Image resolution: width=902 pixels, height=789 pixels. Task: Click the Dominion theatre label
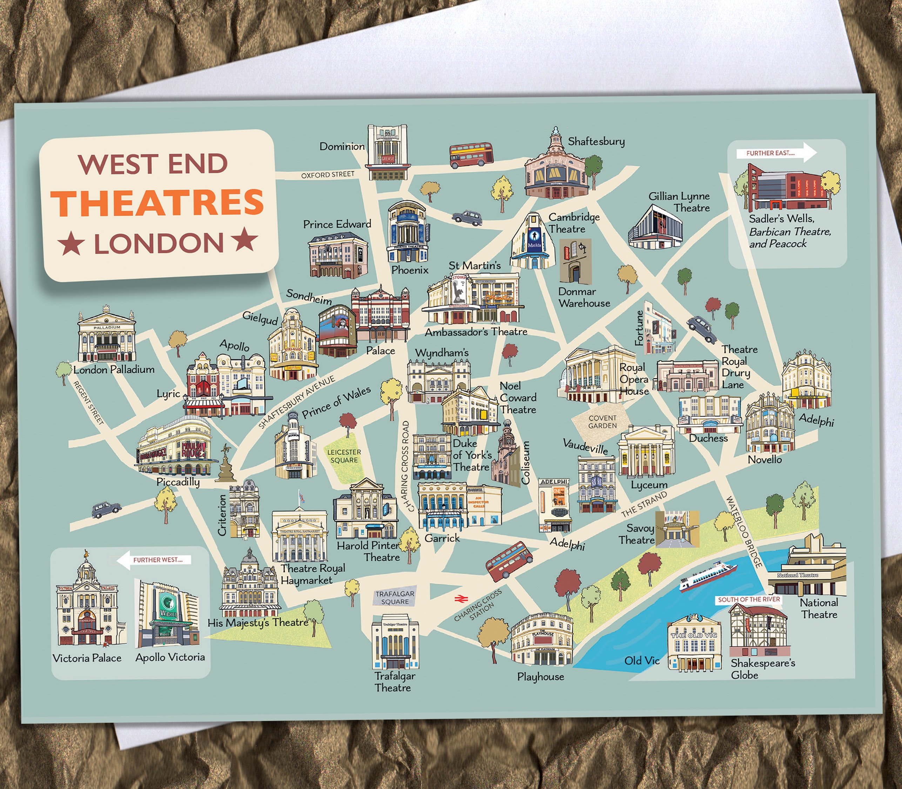click(342, 146)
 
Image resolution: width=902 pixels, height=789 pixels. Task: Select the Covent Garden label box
click(602, 422)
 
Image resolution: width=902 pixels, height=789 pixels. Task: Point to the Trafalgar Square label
click(395, 598)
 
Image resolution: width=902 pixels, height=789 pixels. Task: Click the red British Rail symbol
click(461, 599)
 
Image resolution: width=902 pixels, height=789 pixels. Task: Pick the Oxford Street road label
click(328, 175)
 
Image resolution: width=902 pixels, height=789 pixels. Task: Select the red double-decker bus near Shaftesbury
click(471, 155)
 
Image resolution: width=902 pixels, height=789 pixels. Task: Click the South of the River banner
click(749, 600)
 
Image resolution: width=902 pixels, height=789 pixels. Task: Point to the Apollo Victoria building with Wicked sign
click(167, 614)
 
